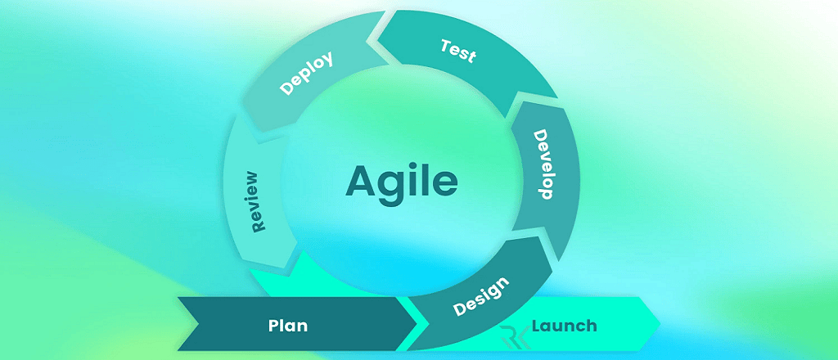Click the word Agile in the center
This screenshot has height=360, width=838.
(x=401, y=181)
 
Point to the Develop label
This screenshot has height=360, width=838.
(x=543, y=164)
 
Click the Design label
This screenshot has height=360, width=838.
(x=482, y=297)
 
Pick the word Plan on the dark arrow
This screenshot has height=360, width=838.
(x=288, y=326)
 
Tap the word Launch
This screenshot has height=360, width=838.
(x=564, y=326)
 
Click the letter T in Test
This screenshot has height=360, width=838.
(x=445, y=46)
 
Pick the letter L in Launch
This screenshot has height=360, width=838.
(x=537, y=326)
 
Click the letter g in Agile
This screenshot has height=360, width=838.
(x=392, y=186)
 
